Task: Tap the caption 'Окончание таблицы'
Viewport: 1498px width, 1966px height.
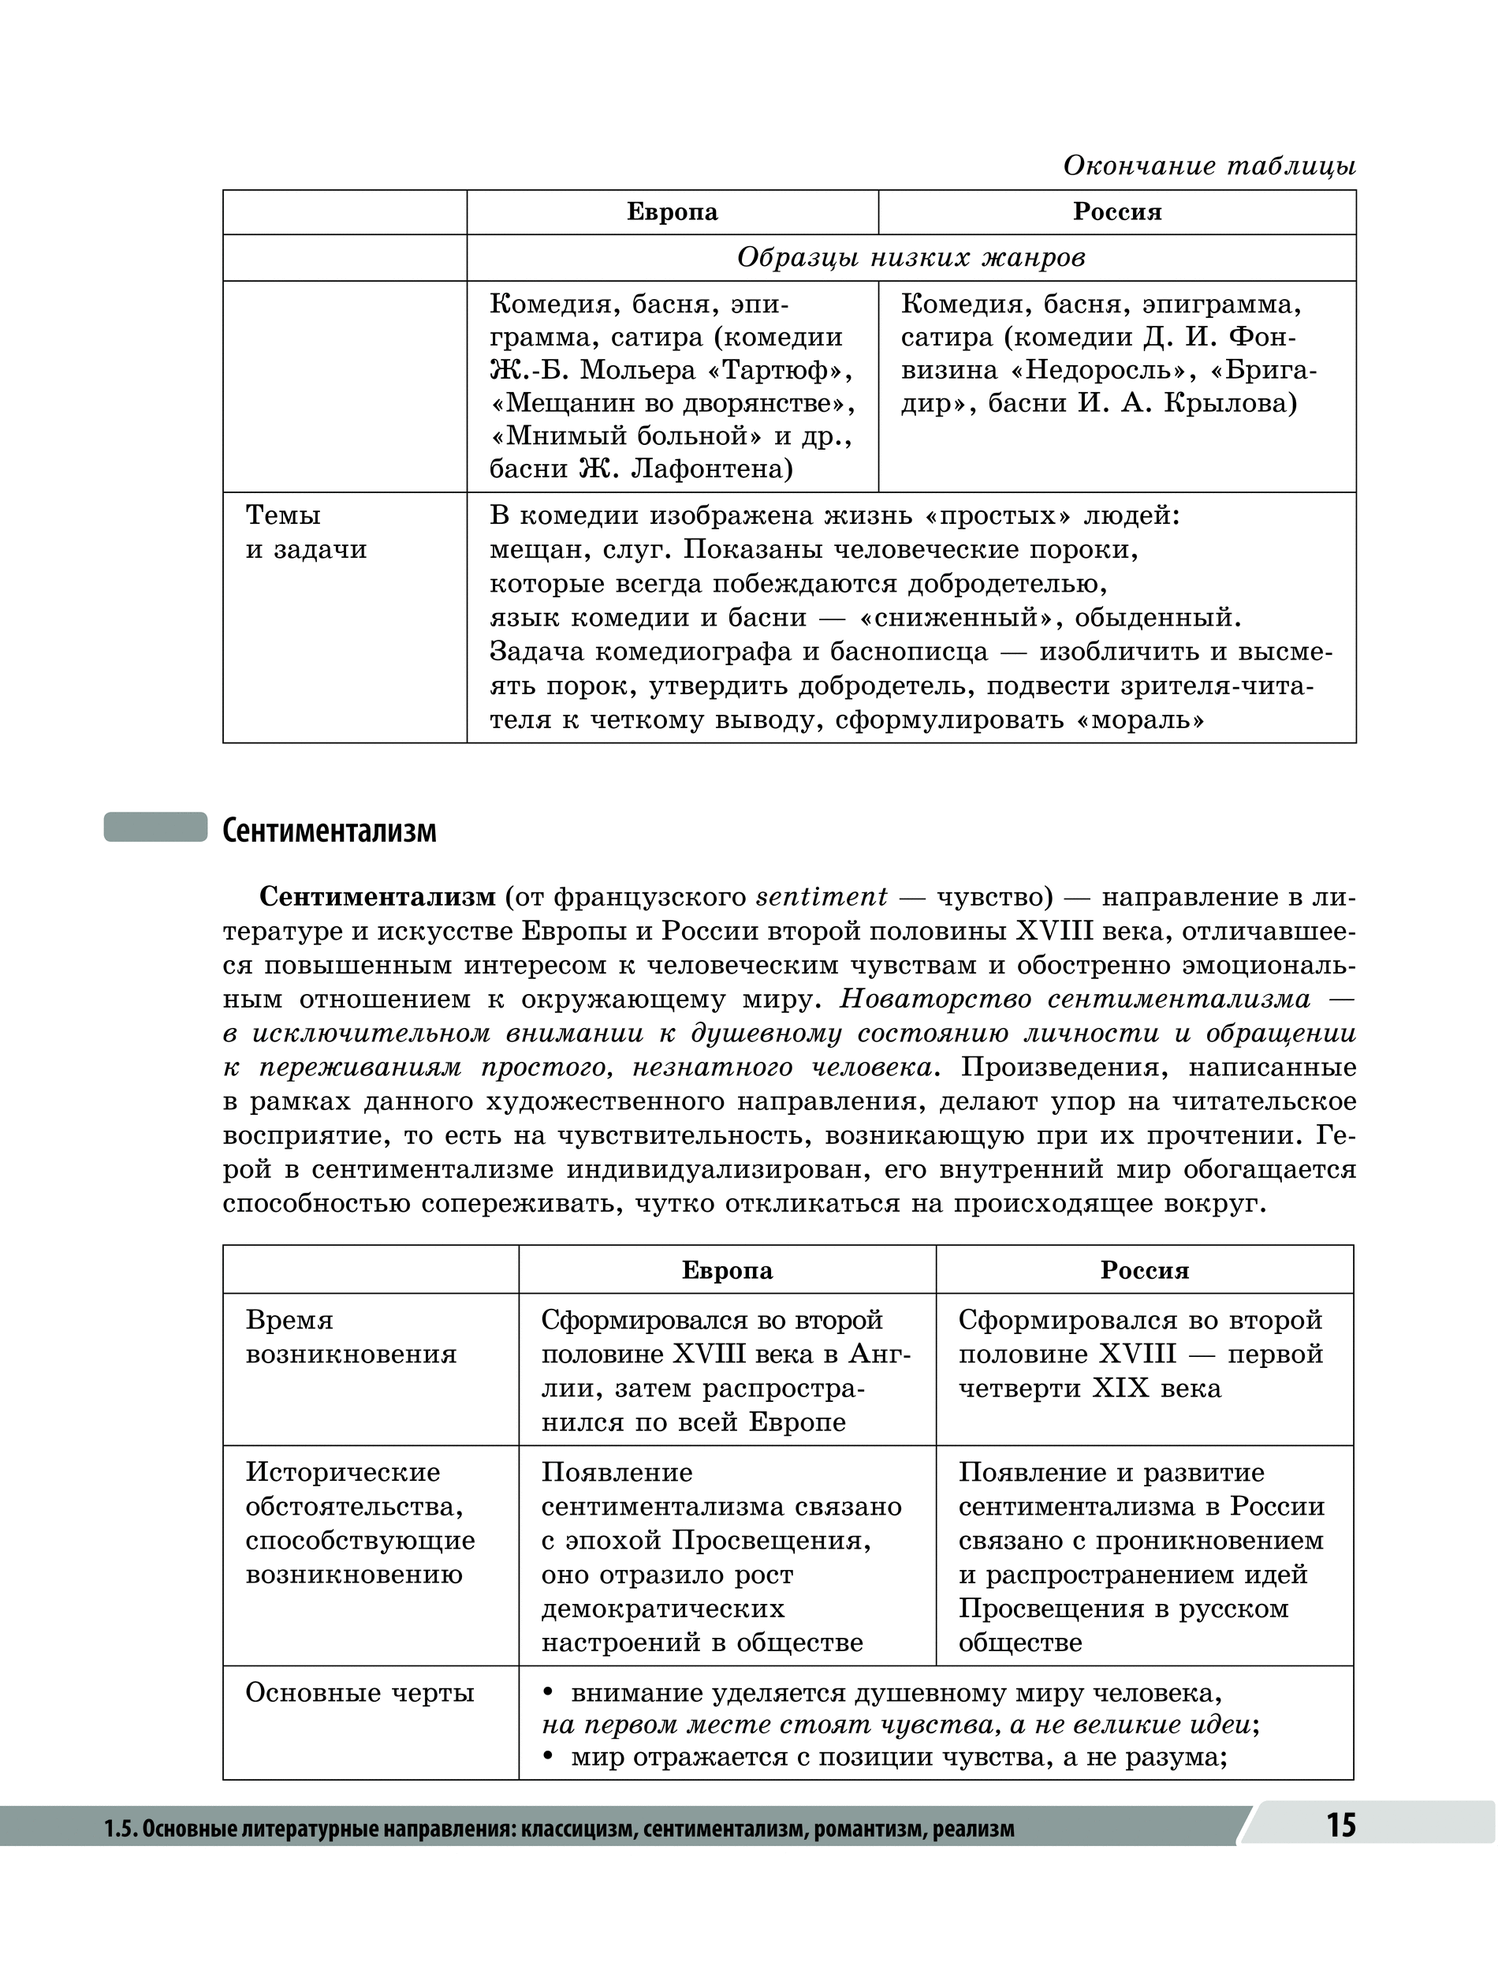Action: (x=1209, y=166)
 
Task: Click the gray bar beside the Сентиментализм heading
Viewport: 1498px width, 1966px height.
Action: (x=155, y=827)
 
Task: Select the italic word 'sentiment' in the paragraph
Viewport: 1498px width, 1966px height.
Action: (x=822, y=895)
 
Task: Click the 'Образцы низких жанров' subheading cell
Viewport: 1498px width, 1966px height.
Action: (x=911, y=258)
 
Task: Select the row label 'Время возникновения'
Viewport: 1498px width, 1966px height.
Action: (x=350, y=1336)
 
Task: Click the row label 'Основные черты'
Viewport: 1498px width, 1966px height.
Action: (x=360, y=1692)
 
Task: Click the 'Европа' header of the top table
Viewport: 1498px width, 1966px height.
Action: (x=673, y=212)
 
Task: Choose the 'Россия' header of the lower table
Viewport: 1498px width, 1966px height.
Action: (x=1144, y=1270)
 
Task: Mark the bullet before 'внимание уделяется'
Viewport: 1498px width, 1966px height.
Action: (x=550, y=1692)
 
